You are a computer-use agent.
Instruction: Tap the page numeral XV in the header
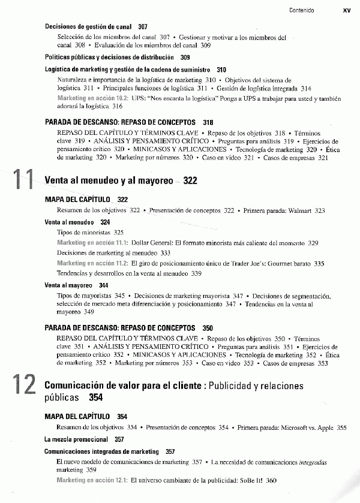click(x=347, y=10)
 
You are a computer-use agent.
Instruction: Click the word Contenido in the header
click(x=301, y=10)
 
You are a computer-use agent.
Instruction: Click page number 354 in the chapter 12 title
click(x=96, y=397)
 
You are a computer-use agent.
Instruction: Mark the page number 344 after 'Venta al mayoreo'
click(x=104, y=285)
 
